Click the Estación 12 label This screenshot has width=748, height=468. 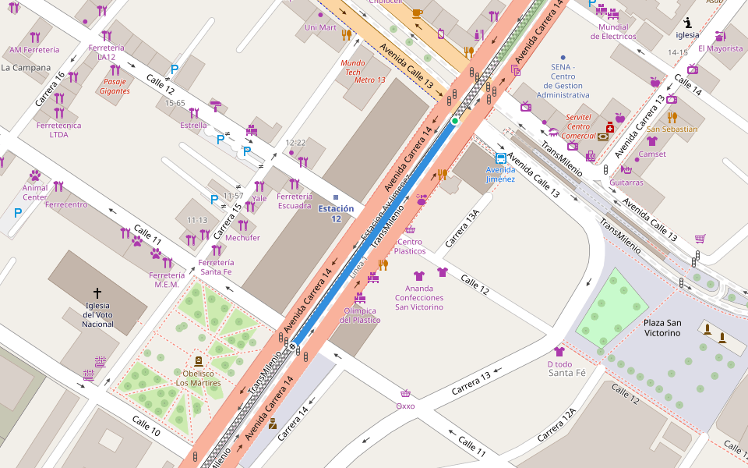pyautogui.click(x=336, y=214)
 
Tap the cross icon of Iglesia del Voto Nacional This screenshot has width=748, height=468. pyautogui.click(x=97, y=292)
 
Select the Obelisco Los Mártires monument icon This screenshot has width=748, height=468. pyautogui.click(x=198, y=361)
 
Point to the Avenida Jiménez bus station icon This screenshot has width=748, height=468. pyautogui.click(x=501, y=158)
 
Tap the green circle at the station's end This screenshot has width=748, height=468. pyautogui.click(x=455, y=121)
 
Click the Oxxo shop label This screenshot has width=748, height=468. pyautogui.click(x=405, y=406)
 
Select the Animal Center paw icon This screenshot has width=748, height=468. pyautogui.click(x=35, y=175)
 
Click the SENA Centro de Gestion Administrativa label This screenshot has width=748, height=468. pyautogui.click(x=563, y=80)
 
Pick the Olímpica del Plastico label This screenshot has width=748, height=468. pyautogui.click(x=361, y=315)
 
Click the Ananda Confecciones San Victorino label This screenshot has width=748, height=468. pyautogui.click(x=419, y=297)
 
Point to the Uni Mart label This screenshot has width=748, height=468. pyautogui.click(x=320, y=27)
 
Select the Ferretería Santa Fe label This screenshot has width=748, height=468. pyautogui.click(x=216, y=267)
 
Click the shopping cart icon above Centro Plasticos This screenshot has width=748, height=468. pyautogui.click(x=410, y=230)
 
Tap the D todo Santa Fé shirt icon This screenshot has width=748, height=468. pyautogui.click(x=559, y=352)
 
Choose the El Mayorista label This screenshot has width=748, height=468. pyautogui.click(x=720, y=48)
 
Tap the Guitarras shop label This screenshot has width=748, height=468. pyautogui.click(x=626, y=183)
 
